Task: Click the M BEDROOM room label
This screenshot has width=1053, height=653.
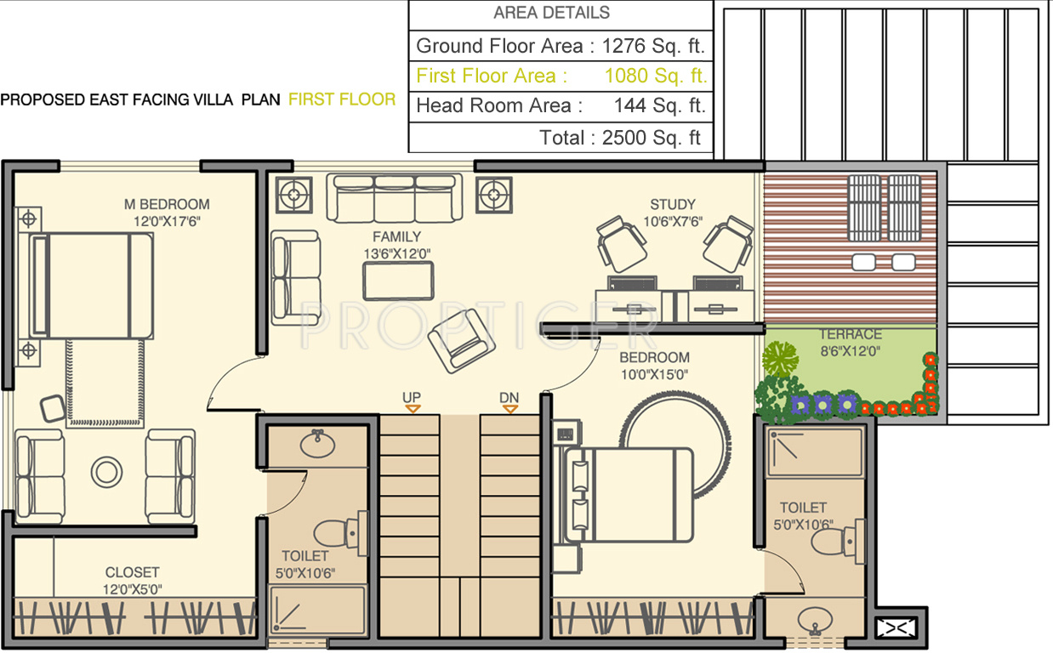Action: (167, 204)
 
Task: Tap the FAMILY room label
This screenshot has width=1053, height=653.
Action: (396, 236)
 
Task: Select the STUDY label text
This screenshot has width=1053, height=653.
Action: (672, 204)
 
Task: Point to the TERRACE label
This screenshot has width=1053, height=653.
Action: (851, 334)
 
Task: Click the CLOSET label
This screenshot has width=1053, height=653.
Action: (132, 572)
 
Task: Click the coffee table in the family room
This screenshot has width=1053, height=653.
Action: (398, 281)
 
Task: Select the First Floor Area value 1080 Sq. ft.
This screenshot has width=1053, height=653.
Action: (655, 76)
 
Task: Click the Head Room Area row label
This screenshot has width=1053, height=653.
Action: (499, 106)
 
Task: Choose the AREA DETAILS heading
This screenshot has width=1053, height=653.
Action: (551, 13)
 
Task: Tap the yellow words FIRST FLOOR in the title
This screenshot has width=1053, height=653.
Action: (342, 99)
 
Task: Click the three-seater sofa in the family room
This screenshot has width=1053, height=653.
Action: (396, 199)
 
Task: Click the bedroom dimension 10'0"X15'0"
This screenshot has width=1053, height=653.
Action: (654, 373)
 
